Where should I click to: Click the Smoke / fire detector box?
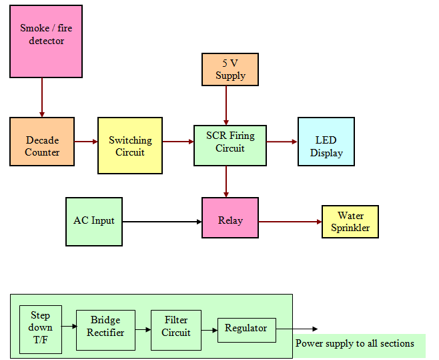46,41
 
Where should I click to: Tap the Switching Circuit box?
130,146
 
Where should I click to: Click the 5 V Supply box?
230,69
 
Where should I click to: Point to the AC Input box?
94,221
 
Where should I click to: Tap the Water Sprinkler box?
350,222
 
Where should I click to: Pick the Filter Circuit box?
176,329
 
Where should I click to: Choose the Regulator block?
246,329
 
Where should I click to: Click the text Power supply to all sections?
355,344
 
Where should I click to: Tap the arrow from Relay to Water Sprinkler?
290,221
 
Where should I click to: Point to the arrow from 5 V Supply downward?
226,105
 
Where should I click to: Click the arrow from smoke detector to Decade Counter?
42,97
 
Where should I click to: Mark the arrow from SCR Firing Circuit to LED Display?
282,142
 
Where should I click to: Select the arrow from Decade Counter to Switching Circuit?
86,142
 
